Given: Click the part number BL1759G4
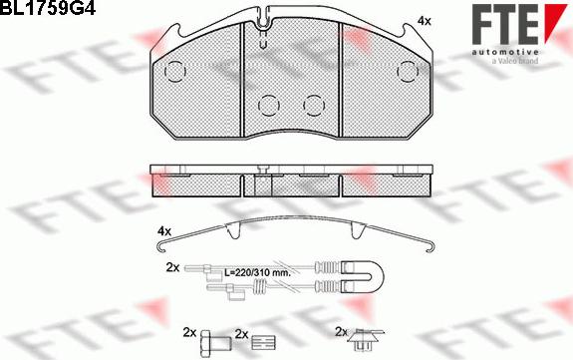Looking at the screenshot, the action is coord(48,7).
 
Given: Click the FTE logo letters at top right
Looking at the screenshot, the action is coord(505,25).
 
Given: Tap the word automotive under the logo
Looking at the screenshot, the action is coord(505,52).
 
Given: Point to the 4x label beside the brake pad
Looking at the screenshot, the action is coord(424,21).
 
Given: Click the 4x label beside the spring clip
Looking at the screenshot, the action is coord(164,231).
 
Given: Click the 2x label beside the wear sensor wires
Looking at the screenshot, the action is coord(172,268).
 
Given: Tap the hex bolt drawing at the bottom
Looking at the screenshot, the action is coord(216,344).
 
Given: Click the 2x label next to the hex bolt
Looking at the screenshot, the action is coord(189,332).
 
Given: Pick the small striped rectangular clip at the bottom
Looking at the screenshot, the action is coord(263,343).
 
